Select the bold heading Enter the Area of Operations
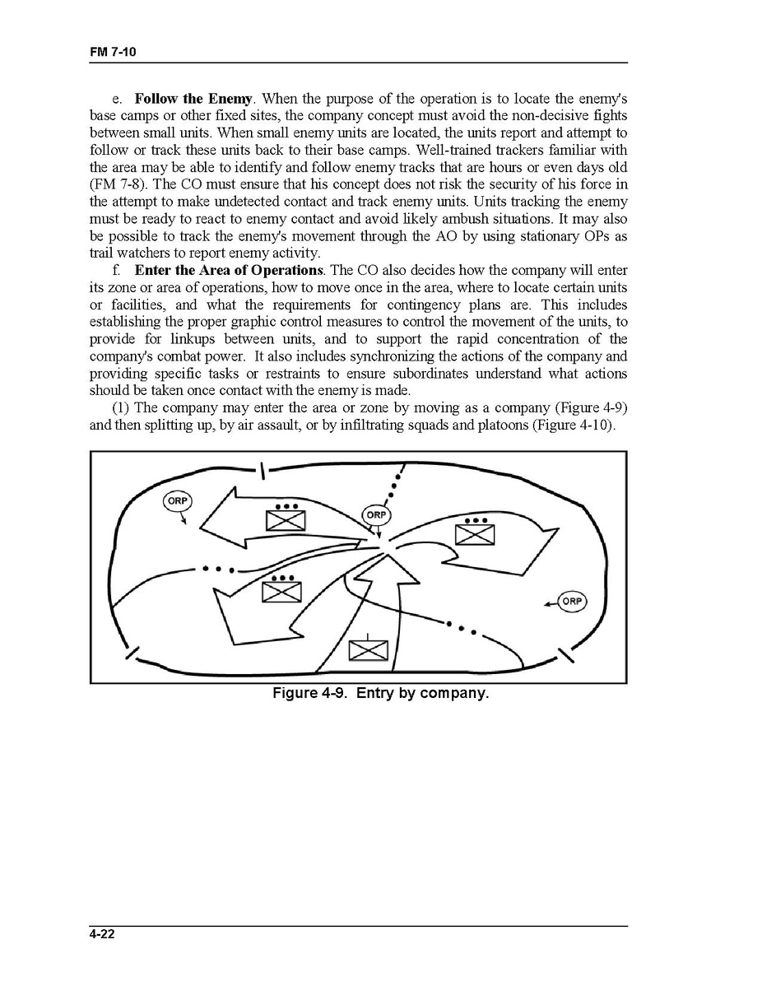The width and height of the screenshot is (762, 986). click(229, 271)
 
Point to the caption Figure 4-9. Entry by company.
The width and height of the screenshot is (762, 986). click(381, 693)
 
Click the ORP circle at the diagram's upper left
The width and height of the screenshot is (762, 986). click(178, 501)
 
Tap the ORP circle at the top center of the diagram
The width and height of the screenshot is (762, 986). click(376, 514)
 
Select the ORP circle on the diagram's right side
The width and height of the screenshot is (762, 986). click(572, 602)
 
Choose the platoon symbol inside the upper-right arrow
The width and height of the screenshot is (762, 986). click(476, 533)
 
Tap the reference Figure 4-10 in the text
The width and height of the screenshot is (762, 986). click(578, 426)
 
